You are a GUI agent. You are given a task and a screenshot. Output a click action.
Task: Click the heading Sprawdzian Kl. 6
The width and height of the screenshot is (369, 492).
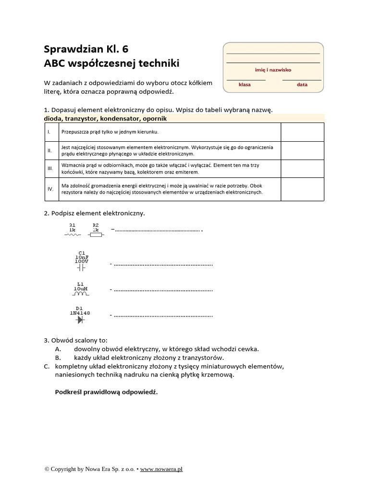tap(86, 49)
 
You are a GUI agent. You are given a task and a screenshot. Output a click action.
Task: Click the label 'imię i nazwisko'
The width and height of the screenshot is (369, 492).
tap(273, 70)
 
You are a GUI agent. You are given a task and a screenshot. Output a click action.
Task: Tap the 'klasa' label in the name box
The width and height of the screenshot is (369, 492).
tap(245, 85)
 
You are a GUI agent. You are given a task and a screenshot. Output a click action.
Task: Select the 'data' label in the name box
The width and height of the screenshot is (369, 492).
tap(302, 85)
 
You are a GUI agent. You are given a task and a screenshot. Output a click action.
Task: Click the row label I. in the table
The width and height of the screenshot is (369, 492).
tap(49, 132)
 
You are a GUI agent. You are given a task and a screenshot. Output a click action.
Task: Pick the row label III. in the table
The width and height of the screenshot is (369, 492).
tap(50, 169)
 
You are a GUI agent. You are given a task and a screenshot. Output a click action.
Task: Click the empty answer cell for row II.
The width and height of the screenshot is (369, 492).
tap(302, 150)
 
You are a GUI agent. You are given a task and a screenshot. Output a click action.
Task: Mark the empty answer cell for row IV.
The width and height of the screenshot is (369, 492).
tap(302, 189)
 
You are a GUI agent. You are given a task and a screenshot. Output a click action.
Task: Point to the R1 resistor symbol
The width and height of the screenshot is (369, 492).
tap(73, 234)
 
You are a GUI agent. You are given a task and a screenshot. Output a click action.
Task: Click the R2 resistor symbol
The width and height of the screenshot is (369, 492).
tap(96, 234)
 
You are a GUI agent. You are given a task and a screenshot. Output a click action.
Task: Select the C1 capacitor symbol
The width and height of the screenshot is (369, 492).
tap(81, 268)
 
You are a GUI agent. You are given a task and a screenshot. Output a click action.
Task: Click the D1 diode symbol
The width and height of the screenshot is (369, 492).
tap(80, 319)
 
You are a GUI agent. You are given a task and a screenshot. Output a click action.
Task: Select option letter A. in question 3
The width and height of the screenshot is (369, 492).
tap(58, 349)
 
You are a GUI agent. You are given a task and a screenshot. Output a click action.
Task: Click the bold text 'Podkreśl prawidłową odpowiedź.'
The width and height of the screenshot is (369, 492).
tap(106, 392)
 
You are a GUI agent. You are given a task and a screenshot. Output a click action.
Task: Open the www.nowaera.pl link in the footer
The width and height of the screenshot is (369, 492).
tap(161, 469)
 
